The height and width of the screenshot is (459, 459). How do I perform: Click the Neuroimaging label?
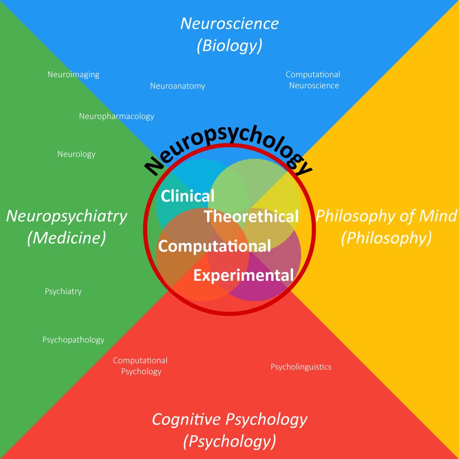click(x=73, y=75)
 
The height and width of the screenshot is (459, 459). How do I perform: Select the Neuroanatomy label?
click(x=178, y=86)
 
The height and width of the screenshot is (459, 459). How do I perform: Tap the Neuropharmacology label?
click(x=117, y=117)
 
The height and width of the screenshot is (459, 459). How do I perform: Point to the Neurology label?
click(x=76, y=154)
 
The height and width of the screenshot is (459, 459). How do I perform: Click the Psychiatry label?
click(x=63, y=291)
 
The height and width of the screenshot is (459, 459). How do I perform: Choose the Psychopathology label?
click(x=73, y=340)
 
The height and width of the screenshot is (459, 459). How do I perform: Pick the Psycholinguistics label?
click(x=301, y=367)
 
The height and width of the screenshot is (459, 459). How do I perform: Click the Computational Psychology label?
click(x=140, y=366)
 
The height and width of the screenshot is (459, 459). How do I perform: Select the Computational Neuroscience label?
click(x=313, y=80)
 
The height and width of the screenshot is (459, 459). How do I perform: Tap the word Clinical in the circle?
click(x=188, y=196)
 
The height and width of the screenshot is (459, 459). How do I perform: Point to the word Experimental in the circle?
click(x=244, y=275)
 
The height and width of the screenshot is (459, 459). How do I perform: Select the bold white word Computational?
click(x=214, y=246)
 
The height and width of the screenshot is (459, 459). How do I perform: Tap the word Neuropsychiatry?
click(x=67, y=217)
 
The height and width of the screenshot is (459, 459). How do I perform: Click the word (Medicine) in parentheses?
click(x=67, y=238)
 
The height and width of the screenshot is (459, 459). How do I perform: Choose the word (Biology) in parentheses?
click(x=229, y=45)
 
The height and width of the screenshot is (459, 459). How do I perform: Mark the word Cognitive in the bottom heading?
click(x=186, y=420)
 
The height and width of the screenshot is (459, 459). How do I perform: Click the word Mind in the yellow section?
click(x=438, y=216)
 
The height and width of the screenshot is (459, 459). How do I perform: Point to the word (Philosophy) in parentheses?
click(x=386, y=238)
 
